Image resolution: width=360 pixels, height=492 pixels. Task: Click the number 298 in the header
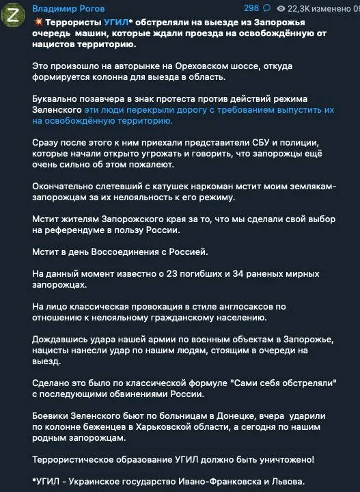click(251, 8)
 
